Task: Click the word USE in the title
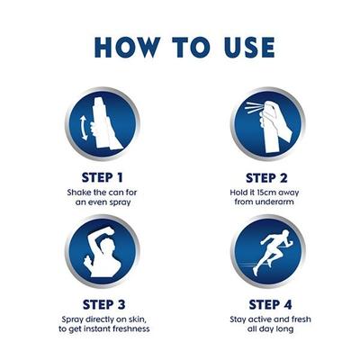pyautogui.click(x=242, y=48)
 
